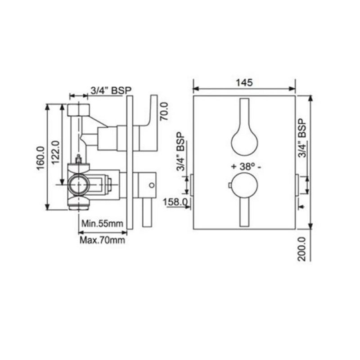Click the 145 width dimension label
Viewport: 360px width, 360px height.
(x=244, y=83)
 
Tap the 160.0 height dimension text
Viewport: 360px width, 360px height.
(x=40, y=158)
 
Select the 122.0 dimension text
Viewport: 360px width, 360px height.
(x=55, y=153)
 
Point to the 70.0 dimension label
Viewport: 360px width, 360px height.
(x=164, y=111)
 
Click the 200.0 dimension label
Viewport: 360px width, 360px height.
(x=302, y=249)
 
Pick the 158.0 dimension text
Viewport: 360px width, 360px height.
(x=175, y=202)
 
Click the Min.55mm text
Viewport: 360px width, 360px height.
(x=103, y=223)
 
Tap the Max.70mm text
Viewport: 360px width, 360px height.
(x=103, y=240)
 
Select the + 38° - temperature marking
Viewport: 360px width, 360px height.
(x=246, y=166)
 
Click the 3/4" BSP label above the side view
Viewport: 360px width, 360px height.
(x=111, y=90)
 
